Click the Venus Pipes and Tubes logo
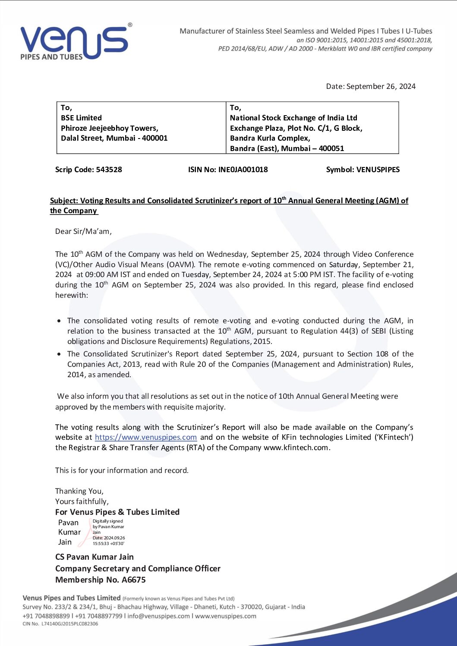tap(74, 42)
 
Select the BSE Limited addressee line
tap(81, 118)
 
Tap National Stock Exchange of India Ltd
tap(293, 118)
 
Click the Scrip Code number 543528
tap(109, 170)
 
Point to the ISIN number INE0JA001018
tap(243, 170)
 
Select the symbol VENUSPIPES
tap(378, 170)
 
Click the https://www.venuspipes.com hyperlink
tap(146, 437)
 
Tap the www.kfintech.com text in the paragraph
tap(296, 447)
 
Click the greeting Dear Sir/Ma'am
tap(83, 231)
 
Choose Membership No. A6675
tap(100, 580)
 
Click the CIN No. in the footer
tap(60, 624)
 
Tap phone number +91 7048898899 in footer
tap(46, 616)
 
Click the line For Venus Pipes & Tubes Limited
tap(117, 512)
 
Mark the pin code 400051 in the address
tap(331, 148)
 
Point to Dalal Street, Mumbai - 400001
tap(114, 138)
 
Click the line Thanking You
tap(79, 491)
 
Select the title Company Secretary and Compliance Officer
tap(138, 569)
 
